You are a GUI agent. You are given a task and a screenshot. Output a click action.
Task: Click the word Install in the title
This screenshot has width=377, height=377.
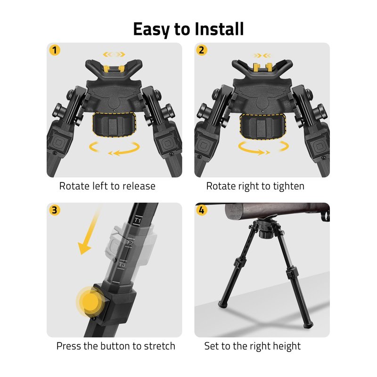point(219,29)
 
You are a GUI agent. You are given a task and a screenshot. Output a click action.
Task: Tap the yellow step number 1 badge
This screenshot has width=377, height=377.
point(55,50)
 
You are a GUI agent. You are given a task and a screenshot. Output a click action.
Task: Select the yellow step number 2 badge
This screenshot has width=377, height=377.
point(202,50)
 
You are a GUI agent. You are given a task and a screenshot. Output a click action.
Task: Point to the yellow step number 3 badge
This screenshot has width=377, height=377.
point(55,210)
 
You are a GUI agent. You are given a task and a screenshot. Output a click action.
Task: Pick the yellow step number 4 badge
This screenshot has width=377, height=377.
point(202,210)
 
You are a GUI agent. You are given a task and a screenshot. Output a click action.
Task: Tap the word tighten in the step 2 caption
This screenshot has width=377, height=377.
point(288,186)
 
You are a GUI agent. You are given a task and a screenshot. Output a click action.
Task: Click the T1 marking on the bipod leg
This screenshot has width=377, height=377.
point(138,220)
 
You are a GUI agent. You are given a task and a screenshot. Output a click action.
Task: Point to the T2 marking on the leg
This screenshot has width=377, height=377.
point(130,243)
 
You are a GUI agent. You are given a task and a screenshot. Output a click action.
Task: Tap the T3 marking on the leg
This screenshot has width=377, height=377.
point(122,265)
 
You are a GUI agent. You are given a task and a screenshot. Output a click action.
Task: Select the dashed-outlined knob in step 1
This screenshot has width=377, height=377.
point(114,124)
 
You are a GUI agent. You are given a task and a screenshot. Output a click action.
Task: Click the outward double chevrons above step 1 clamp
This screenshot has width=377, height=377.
point(114,55)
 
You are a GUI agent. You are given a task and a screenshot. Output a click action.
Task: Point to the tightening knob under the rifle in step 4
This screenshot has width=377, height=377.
point(266,234)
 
